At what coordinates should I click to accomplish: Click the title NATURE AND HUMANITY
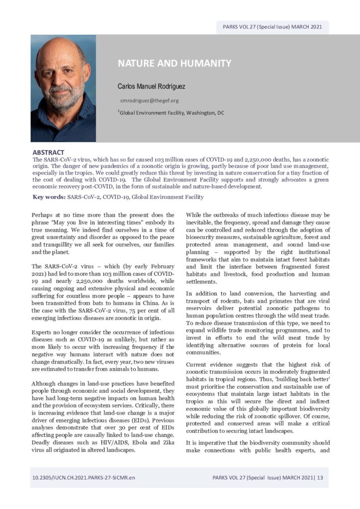175,64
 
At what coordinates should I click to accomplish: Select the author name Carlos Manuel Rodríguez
151,86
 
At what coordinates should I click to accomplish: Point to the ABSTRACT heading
48,152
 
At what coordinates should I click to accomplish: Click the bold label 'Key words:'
49,197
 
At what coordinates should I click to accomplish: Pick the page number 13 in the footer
320,478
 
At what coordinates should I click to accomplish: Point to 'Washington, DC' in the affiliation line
204,113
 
